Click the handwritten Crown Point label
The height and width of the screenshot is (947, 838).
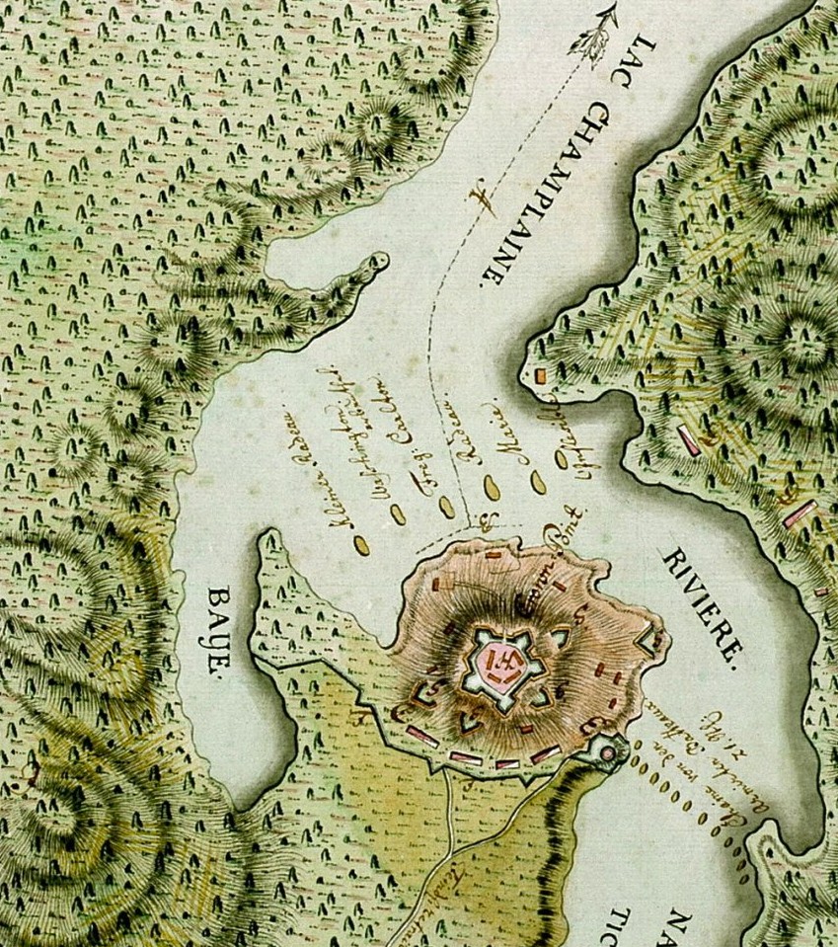[560, 559]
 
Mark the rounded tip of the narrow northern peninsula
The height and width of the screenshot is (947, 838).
[376, 263]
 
